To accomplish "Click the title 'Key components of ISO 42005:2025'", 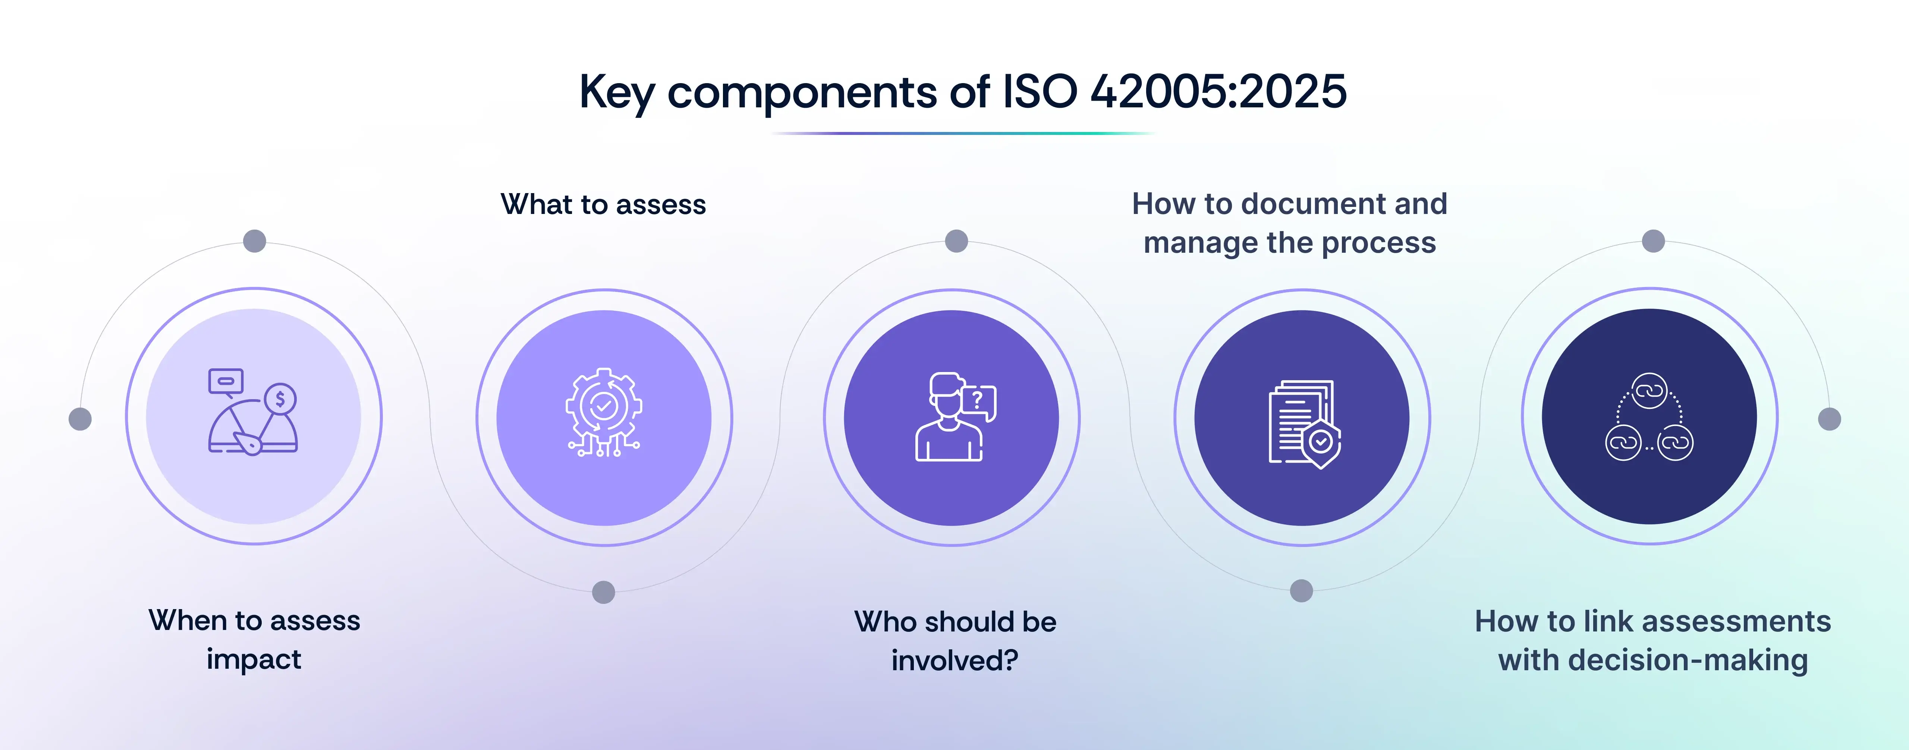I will coord(962,92).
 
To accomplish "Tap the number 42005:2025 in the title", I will coord(1218,92).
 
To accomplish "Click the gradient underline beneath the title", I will coord(962,133).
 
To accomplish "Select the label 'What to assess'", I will coord(603,205).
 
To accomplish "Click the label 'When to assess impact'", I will coord(254,639).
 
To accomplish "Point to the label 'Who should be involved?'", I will coord(955,640).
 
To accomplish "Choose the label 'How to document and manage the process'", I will coord(1289,223).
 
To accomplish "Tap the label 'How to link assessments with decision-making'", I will coord(1652,640).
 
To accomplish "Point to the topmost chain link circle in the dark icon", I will coord(1649,391).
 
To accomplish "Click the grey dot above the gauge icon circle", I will coord(254,241).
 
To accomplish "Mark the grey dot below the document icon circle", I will coord(1301,591).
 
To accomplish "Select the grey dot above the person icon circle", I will coord(956,241).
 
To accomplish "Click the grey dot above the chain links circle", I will coord(1653,241).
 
